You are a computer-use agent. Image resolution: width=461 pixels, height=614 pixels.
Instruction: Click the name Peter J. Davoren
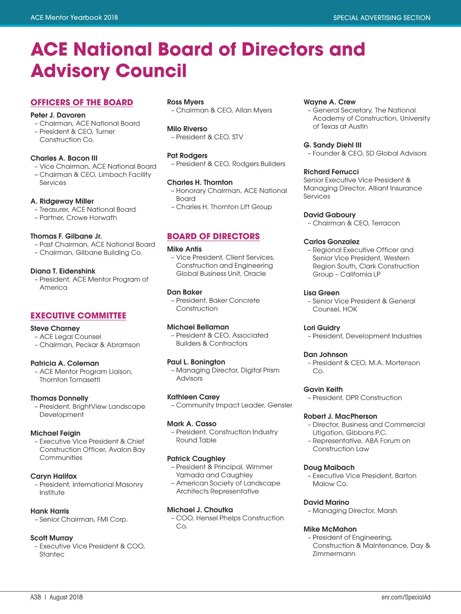coord(58,115)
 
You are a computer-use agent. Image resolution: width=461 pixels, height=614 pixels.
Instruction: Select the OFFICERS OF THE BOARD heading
coord(82,102)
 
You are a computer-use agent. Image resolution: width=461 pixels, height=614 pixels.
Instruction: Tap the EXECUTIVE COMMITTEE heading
coord(78,315)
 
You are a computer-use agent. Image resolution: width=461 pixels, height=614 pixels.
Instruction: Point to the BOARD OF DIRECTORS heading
coord(213,236)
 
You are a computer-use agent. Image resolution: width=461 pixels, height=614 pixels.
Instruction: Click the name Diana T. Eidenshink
coord(63,271)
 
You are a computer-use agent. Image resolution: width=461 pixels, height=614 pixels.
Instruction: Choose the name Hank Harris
coord(50,511)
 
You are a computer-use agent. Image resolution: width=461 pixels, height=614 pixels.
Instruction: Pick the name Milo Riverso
coord(187,129)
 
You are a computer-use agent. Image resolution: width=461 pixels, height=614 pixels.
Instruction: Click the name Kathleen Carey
coord(193,397)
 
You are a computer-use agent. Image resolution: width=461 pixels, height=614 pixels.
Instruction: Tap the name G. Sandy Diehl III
coord(332,145)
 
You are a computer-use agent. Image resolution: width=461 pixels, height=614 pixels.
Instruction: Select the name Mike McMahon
coord(330,529)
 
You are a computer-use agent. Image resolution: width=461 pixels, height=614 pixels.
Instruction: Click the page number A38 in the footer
coord(36,597)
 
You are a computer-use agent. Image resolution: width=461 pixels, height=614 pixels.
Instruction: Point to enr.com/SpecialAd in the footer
coord(406,597)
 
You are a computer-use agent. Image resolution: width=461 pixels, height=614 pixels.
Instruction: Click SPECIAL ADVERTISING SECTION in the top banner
coord(381,18)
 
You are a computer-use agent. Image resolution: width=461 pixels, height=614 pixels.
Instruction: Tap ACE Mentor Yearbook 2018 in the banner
coord(74,18)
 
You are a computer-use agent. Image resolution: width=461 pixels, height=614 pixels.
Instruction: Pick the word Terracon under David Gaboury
coord(385,223)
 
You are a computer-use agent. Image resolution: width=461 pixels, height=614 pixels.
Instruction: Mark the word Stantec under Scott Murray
coord(52,555)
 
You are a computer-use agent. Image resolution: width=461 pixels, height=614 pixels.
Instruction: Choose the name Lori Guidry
coord(322,328)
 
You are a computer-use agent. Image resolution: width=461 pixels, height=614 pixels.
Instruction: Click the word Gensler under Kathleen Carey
coord(280,405)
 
